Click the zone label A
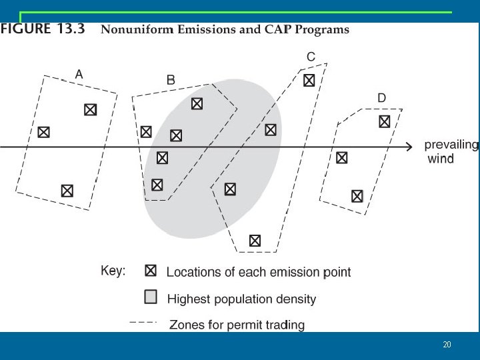79,75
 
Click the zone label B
171,79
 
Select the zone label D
381,98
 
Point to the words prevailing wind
451,151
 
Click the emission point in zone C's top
309,81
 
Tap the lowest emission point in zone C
255,241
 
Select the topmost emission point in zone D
385,121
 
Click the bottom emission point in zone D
357,196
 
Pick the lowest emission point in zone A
67,191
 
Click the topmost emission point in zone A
90,110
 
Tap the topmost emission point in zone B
197,104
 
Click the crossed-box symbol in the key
151,271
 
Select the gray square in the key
151,296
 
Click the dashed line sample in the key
143,323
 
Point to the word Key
113,271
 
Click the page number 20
447,345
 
